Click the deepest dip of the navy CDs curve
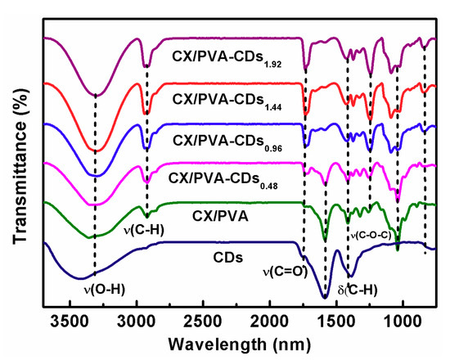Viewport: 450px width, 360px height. click(325, 296)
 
